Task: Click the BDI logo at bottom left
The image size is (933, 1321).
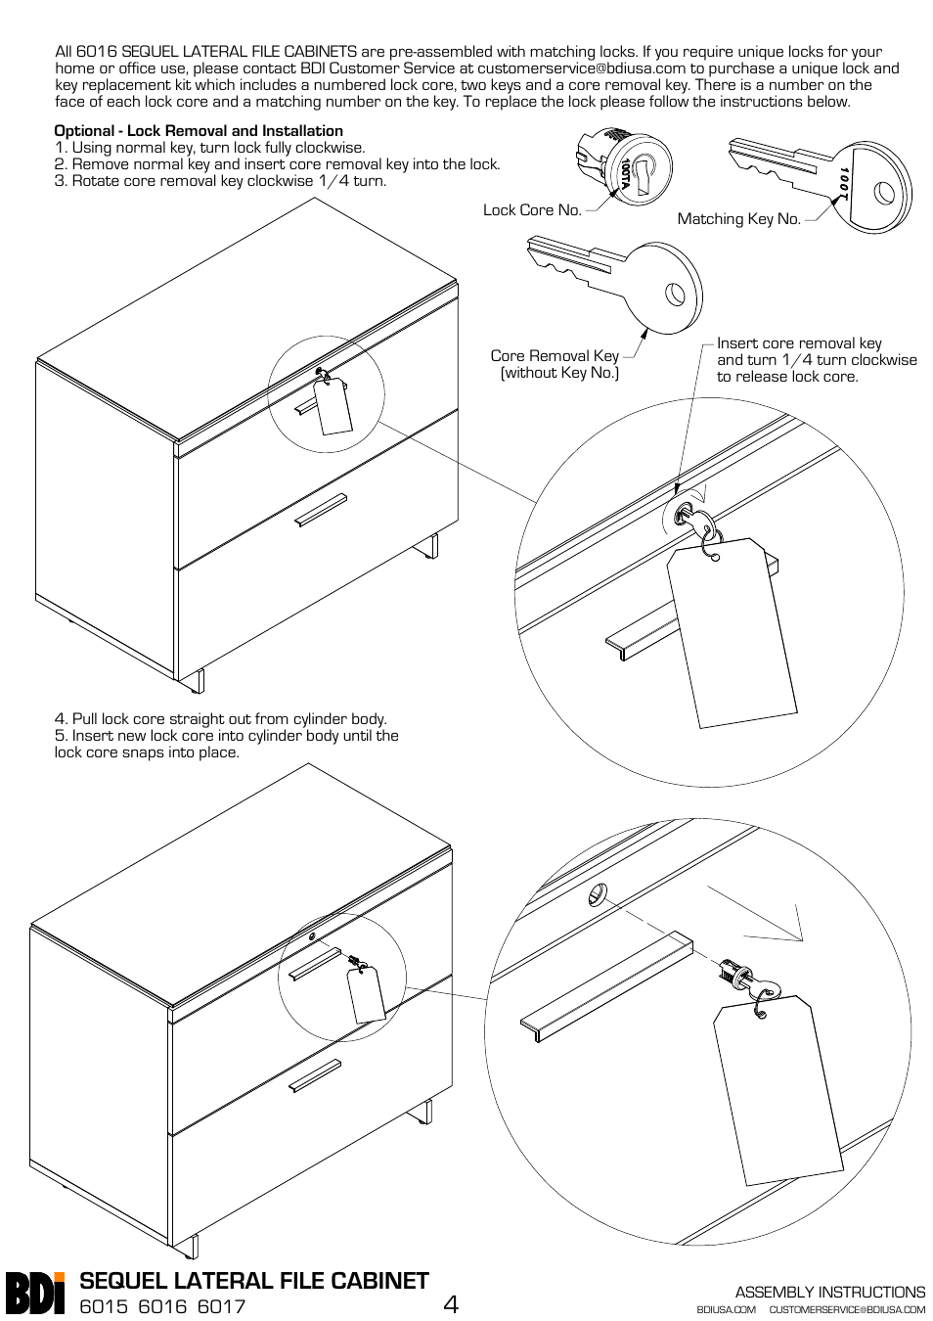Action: click(x=35, y=1291)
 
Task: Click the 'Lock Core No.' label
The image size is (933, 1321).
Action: click(x=532, y=209)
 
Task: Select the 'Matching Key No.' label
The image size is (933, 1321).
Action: click(x=738, y=219)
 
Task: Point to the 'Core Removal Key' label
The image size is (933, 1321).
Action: click(x=555, y=356)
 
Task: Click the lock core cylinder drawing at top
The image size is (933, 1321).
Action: click(x=627, y=166)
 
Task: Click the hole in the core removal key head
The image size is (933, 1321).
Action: click(x=674, y=293)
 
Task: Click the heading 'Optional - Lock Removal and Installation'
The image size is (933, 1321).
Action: click(x=199, y=131)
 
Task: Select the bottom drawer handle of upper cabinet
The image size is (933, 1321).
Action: click(x=321, y=510)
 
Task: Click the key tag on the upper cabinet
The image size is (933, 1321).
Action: click(x=333, y=406)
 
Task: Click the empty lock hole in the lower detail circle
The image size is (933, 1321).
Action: click(x=597, y=893)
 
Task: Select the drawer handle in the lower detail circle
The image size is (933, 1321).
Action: click(x=606, y=988)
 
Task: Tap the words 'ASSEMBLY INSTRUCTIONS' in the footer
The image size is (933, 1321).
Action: click(x=829, y=1292)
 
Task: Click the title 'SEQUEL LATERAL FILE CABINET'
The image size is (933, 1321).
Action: click(x=254, y=1281)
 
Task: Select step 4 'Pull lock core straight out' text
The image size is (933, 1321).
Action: click(x=221, y=719)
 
